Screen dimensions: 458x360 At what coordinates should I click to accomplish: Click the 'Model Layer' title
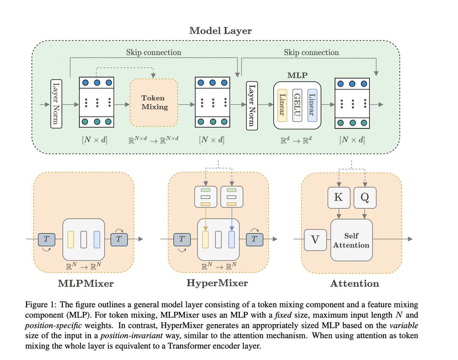pyautogui.click(x=220, y=31)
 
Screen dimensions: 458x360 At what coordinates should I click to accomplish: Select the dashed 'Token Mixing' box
pyautogui.click(x=154, y=103)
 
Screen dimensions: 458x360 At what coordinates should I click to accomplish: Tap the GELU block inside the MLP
pyautogui.click(x=297, y=105)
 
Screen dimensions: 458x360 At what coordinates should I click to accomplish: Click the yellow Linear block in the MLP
pyautogui.click(x=282, y=105)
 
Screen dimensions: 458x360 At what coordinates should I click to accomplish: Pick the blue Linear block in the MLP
pyautogui.click(x=312, y=105)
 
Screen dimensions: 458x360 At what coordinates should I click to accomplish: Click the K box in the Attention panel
pyautogui.click(x=339, y=197)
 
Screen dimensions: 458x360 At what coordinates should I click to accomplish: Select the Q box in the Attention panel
pyautogui.click(x=365, y=197)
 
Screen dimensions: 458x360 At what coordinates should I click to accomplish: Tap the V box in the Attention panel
pyautogui.click(x=315, y=240)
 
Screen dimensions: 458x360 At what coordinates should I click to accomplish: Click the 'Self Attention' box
pyautogui.click(x=352, y=240)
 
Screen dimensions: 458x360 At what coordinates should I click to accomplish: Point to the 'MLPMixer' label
pyautogui.click(x=85, y=284)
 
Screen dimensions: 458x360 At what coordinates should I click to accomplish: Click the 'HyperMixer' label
pyautogui.click(x=217, y=283)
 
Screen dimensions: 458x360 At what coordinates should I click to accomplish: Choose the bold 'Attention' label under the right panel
pyautogui.click(x=355, y=284)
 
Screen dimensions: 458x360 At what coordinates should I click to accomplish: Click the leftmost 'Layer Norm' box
pyautogui.click(x=56, y=104)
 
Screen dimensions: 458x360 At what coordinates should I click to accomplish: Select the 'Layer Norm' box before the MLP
pyautogui.click(x=252, y=106)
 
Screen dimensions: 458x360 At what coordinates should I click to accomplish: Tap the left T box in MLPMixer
pyautogui.click(x=47, y=240)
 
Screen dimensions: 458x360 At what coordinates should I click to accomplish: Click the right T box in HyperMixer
pyautogui.click(x=255, y=240)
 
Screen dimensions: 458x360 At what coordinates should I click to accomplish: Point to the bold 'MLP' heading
pyautogui.click(x=297, y=75)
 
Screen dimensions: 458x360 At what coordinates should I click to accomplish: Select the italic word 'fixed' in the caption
pyautogui.click(x=283, y=315)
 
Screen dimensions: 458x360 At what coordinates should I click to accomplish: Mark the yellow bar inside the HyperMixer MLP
pyautogui.click(x=205, y=239)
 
